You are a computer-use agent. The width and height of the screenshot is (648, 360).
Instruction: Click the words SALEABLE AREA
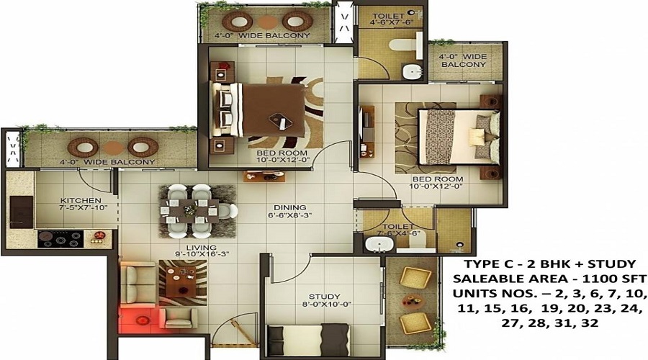click(495, 279)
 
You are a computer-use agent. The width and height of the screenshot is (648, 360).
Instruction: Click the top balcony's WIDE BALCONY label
click(278, 35)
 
